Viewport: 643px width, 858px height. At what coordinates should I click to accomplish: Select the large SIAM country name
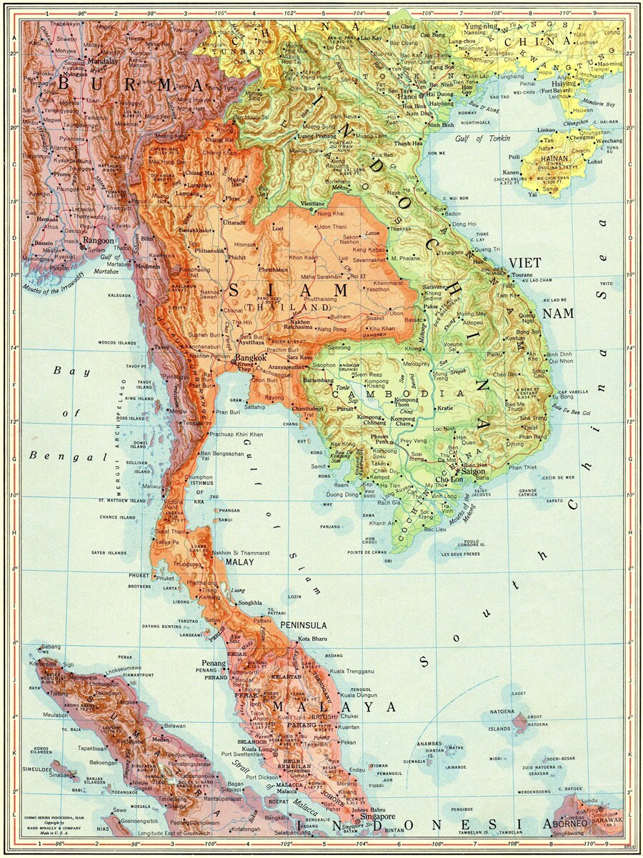[x=289, y=291]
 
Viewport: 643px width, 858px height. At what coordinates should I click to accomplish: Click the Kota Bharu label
[x=312, y=638]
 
